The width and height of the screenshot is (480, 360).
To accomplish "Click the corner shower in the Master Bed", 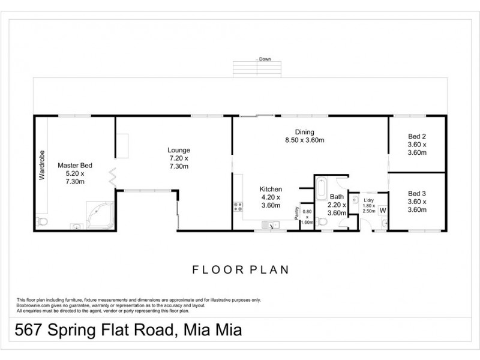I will point(100,215).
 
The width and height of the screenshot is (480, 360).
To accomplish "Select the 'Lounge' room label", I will point(179,150).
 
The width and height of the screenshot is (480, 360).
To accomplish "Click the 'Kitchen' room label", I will point(271,189).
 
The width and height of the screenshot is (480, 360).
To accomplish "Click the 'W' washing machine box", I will point(382,210).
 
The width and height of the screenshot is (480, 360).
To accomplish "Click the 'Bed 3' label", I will point(416,193).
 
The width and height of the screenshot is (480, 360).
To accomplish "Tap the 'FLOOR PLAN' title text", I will point(240,269).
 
